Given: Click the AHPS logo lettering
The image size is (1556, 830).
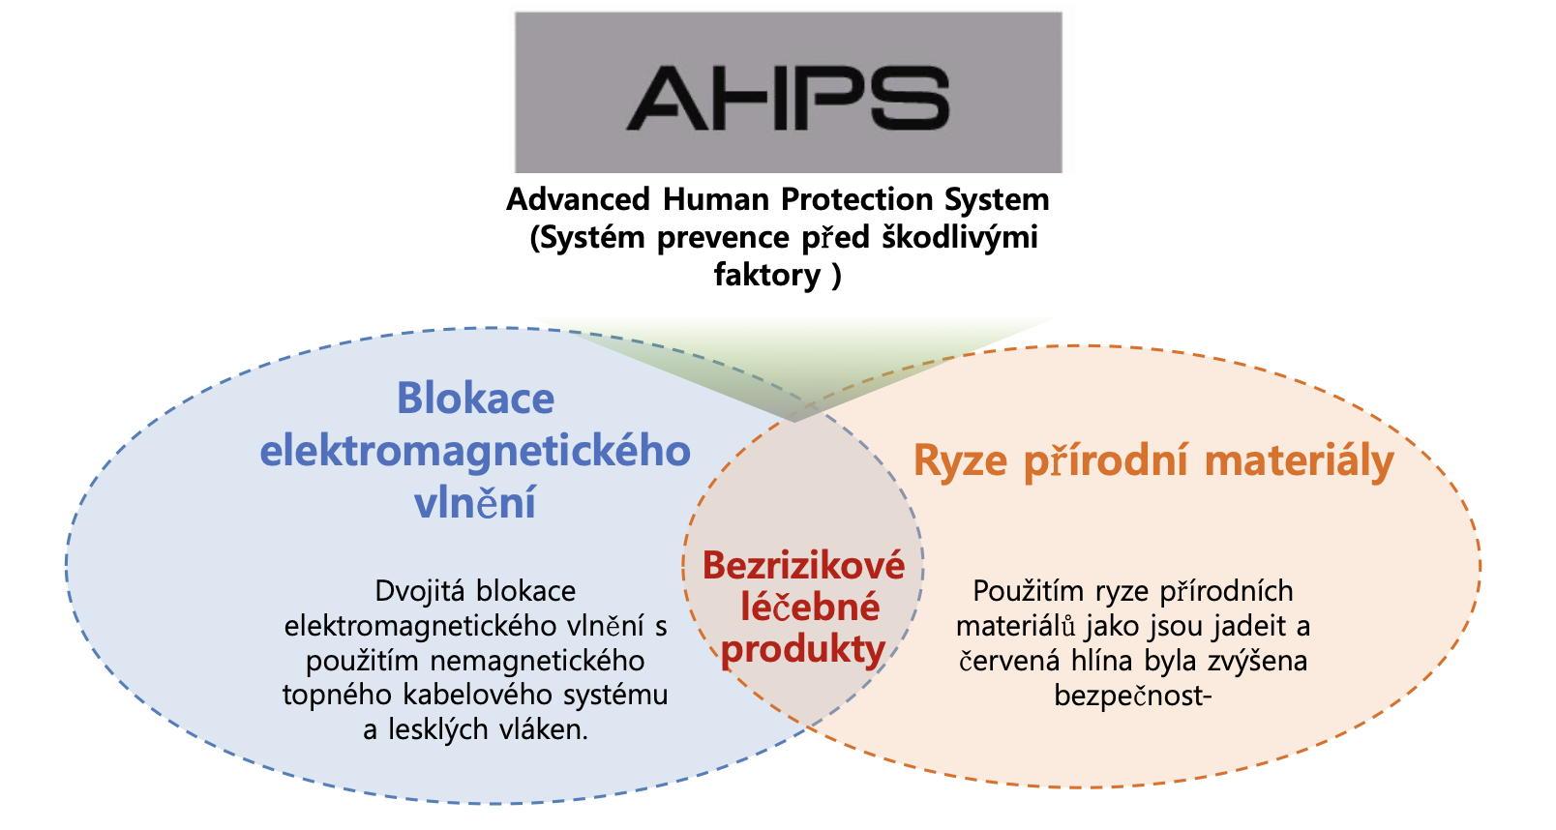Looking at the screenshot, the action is (x=788, y=98).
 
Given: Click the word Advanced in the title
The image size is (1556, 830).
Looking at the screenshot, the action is (x=578, y=199).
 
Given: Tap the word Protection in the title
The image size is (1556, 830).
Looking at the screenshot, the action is (x=856, y=199).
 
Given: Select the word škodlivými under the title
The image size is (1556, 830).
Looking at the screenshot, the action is (x=960, y=238).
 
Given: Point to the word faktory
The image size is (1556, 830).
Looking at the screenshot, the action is (x=767, y=275).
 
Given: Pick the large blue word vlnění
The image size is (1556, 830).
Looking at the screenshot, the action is (x=475, y=502).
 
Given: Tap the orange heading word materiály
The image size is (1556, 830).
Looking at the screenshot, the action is (x=1299, y=461).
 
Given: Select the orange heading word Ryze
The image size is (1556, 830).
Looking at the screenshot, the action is (x=961, y=461).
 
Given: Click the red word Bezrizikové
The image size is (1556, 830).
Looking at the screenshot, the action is (x=804, y=565).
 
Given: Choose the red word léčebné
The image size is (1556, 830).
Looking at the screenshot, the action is (x=810, y=607).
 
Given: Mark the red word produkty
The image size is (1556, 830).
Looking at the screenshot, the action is (x=803, y=650).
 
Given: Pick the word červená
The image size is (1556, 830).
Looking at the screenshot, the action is (x=1009, y=662).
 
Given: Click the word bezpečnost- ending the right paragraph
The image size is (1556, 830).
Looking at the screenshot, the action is (x=1133, y=696).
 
